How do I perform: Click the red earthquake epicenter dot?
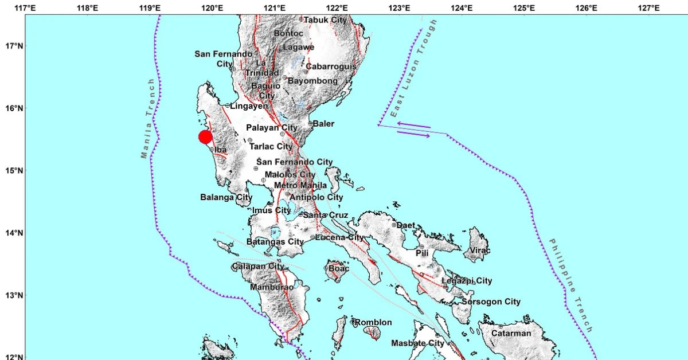point(205,137)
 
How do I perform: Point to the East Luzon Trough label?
point(413,69)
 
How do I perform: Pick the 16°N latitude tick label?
point(12,108)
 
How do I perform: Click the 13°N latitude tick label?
point(12,296)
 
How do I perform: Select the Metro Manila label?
point(300,185)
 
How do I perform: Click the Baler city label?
point(323,124)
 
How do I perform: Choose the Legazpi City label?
point(467,281)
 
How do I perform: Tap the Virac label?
point(480,251)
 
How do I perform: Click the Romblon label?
point(373,323)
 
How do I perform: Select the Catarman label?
point(511,333)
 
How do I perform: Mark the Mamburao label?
point(272,287)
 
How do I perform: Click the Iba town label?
point(221,150)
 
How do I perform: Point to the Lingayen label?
point(249,106)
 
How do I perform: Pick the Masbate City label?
point(417,343)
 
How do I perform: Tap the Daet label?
point(405,225)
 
